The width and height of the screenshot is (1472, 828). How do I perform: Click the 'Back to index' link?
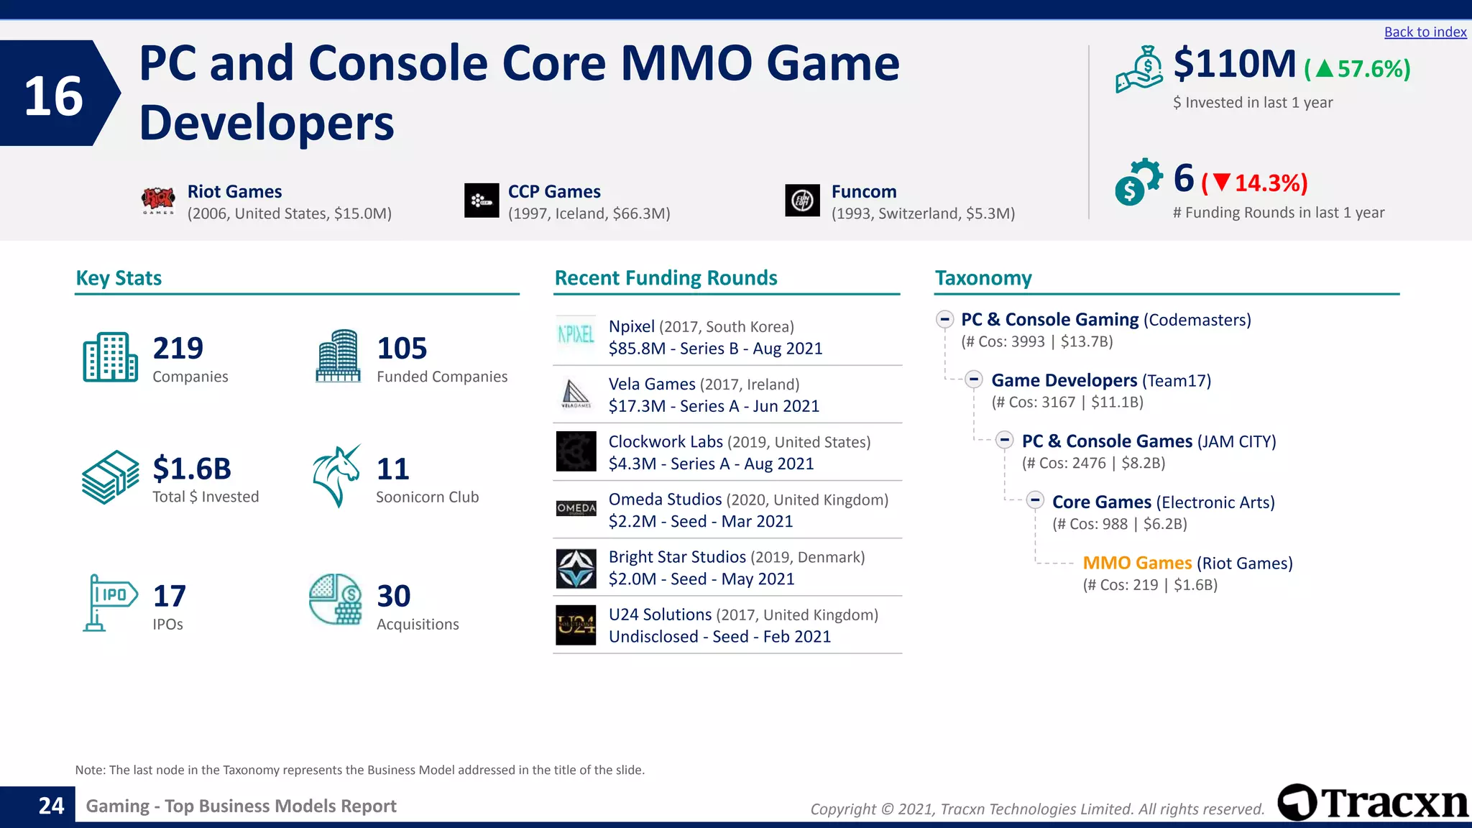[x=1425, y=32]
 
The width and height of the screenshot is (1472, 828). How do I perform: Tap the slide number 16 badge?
[x=54, y=95]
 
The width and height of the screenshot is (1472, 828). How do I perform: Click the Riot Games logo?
[x=158, y=201]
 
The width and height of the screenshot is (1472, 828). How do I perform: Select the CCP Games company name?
[x=554, y=192]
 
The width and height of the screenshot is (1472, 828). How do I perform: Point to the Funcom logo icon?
[x=802, y=201]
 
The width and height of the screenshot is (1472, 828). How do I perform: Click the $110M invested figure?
[x=1234, y=64]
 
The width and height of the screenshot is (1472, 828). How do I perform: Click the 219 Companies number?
[x=178, y=348]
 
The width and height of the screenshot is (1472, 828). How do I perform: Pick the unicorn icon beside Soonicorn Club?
[x=336, y=476]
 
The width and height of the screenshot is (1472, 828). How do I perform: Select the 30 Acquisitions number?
[x=394, y=596]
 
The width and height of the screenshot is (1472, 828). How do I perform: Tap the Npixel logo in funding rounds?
[x=576, y=335]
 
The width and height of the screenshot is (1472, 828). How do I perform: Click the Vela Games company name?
[x=652, y=385]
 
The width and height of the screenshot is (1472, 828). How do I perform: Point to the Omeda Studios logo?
[x=576, y=508]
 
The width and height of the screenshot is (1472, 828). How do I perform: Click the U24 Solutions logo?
[x=576, y=625]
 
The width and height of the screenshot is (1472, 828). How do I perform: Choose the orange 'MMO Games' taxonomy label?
[x=1137, y=563]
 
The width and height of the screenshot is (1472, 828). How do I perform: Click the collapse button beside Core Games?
[x=1035, y=500]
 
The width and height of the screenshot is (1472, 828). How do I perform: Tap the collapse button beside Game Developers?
[x=974, y=379]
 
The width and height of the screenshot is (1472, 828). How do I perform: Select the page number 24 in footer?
[x=51, y=806]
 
